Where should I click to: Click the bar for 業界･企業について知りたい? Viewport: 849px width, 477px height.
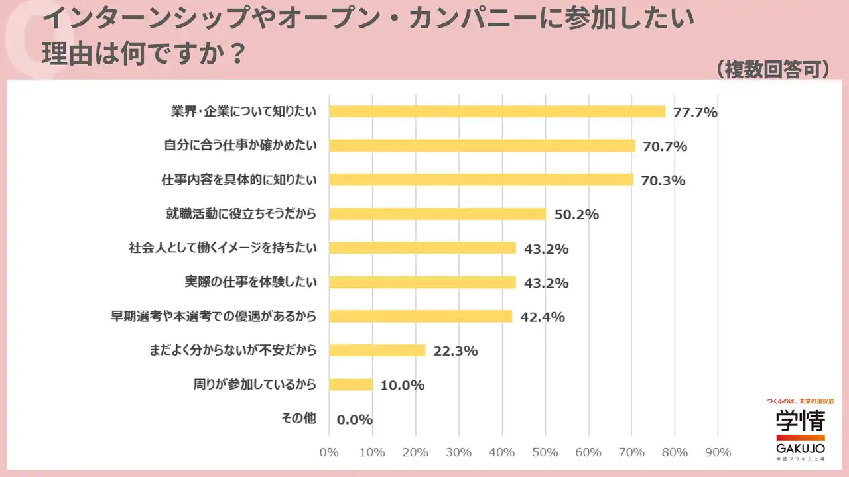point(497,111)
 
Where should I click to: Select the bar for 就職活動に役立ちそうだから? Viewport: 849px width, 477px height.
point(437,214)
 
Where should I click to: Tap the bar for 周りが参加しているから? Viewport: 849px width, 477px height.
point(351,384)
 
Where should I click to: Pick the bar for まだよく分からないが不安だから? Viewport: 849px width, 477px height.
point(377,350)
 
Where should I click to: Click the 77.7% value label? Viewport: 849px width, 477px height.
point(695,113)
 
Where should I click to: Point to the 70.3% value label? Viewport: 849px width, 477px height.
point(663,181)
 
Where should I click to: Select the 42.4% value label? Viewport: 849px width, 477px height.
point(542,317)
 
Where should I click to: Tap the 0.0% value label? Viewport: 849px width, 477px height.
point(354,420)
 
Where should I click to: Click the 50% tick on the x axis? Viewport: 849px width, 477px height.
point(545,452)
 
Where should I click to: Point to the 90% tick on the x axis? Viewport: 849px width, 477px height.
point(718,452)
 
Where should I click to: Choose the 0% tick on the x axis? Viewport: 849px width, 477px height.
point(329,452)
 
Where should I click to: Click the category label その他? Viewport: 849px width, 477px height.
point(299,419)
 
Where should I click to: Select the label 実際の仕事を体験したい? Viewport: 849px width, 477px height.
point(250,282)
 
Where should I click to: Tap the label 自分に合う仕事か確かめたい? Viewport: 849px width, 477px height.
point(240,145)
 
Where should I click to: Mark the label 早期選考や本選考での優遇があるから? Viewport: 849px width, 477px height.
point(213,317)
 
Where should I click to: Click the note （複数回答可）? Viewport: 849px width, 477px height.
point(773,70)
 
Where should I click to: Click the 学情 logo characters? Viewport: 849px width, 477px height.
point(801,421)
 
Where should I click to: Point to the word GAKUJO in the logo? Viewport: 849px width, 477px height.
point(801,448)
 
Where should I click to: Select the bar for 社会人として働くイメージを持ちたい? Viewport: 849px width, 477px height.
point(423,248)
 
